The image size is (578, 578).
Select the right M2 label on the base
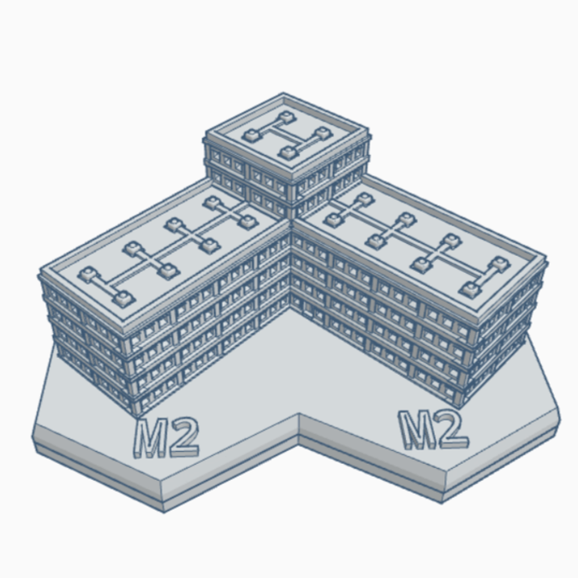click(x=433, y=429)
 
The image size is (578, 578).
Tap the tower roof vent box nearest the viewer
click(x=288, y=153)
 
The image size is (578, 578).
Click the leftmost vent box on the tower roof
click(x=250, y=136)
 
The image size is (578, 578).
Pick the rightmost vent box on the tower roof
click(x=324, y=133)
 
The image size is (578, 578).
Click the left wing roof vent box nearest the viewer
click(x=123, y=300)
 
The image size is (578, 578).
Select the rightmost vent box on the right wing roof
click(x=500, y=264)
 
